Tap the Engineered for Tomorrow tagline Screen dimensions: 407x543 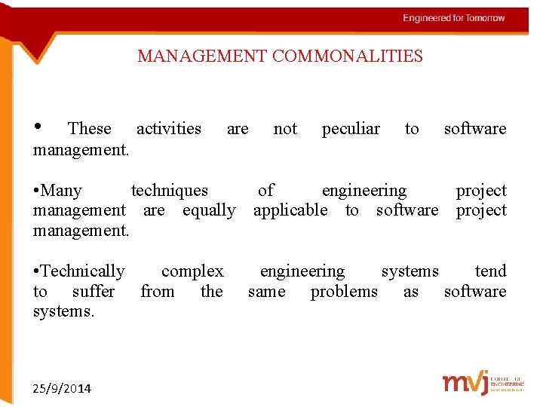[453, 18]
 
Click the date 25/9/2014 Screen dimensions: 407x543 [63, 389]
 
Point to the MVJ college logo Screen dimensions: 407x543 [480, 383]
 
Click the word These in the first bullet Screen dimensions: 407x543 [89, 129]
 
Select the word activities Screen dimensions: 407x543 [168, 129]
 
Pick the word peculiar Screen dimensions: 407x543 [351, 129]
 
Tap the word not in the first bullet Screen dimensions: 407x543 [285, 129]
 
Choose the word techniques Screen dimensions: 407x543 [170, 191]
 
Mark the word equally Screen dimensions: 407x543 [209, 210]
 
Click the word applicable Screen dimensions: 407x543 [290, 210]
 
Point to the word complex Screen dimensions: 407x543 [192, 271]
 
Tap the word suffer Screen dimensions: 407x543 [94, 292]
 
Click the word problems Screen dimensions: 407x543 [344, 292]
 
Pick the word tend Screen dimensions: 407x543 [490, 271]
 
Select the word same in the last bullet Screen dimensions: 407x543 [266, 292]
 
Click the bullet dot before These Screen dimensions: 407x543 [38, 126]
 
